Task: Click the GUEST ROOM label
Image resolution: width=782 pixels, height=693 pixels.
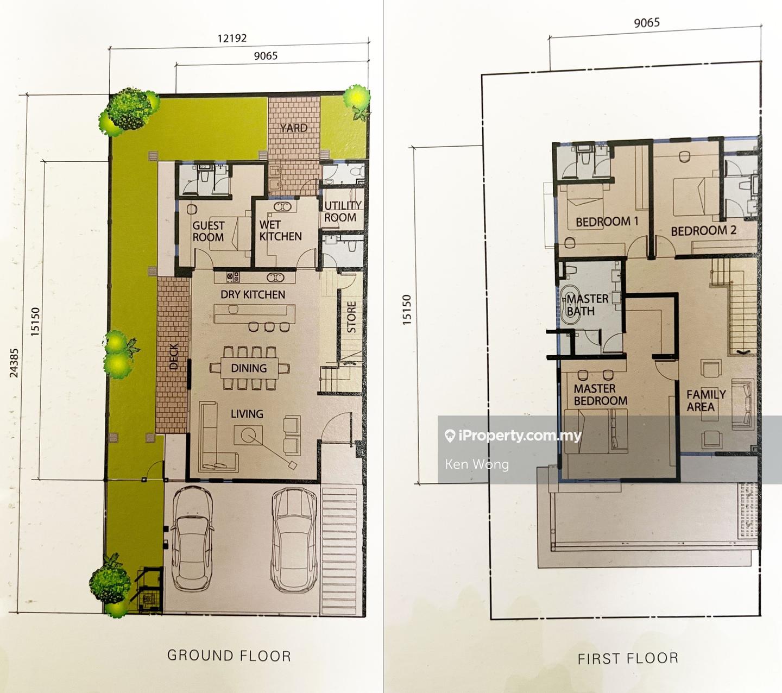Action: coord(209,231)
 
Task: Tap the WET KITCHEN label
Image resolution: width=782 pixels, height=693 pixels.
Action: coord(281,230)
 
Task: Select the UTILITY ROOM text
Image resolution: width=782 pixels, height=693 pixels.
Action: coord(342,211)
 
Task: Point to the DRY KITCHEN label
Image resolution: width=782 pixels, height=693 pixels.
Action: coord(253,294)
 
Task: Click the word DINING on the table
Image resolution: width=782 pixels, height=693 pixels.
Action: coord(249,368)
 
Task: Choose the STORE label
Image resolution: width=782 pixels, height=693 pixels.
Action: coord(351,317)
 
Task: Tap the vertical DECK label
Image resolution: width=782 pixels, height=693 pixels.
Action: coord(174,356)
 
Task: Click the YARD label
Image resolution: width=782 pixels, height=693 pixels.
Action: coord(294,128)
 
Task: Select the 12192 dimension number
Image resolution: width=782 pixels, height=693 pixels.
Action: coord(232,38)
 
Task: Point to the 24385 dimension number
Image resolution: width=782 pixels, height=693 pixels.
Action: coord(14,363)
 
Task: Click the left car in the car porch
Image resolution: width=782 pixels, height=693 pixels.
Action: coord(192,541)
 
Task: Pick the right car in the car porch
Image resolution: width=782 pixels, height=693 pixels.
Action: coord(294,543)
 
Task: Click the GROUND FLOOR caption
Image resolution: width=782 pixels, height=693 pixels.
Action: coord(229,655)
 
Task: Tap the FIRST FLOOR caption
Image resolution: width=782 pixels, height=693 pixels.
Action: coord(628,658)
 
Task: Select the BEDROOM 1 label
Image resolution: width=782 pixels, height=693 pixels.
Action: coord(607,222)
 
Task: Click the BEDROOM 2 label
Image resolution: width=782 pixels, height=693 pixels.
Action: coord(704,231)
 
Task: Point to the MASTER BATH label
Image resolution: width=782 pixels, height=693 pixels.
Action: coord(587,305)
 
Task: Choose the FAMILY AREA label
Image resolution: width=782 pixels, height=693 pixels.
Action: coord(706,400)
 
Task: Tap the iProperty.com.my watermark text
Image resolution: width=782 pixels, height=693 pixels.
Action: coord(513,436)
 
